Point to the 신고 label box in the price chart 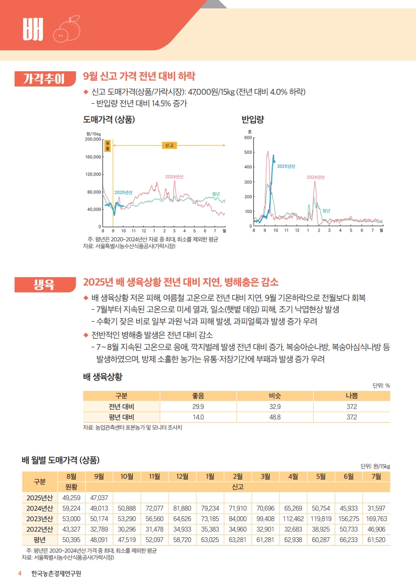pyautogui.click(x=169, y=145)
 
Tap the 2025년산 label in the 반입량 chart pyautogui.click(x=286, y=166)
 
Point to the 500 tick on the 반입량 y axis pyautogui.click(x=248, y=153)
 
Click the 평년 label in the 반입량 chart pyautogui.click(x=326, y=210)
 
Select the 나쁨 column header pyautogui.click(x=351, y=396)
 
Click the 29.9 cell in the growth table pyautogui.click(x=198, y=407)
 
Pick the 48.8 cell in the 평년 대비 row pyautogui.click(x=274, y=417)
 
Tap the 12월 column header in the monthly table pyautogui.click(x=182, y=476)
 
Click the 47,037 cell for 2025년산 pyautogui.click(x=99, y=497)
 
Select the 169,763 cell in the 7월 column pyautogui.click(x=376, y=519)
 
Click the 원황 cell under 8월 pyautogui.click(x=71, y=487)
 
